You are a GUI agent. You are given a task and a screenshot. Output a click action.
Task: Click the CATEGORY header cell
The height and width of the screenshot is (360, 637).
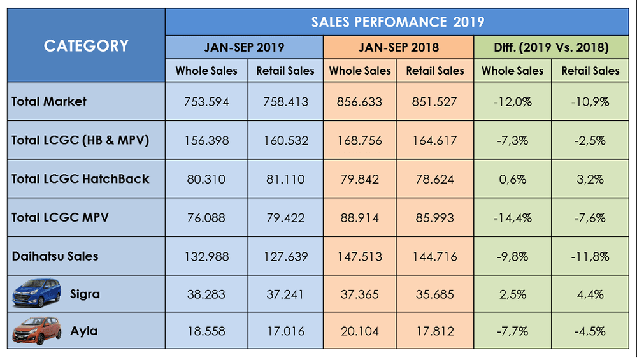point(86,46)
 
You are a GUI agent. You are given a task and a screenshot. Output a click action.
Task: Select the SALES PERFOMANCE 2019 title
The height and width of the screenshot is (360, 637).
point(397,22)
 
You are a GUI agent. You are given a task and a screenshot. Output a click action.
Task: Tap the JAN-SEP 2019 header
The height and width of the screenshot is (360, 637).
point(244,47)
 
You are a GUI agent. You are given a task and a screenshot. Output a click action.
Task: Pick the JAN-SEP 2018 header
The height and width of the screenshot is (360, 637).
point(398,47)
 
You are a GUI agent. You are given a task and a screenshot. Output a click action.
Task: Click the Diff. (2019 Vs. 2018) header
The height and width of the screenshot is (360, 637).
point(552,47)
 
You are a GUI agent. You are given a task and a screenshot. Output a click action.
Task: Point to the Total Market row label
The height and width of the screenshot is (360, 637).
point(49,101)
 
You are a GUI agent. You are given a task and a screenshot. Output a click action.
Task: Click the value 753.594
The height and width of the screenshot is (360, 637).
point(206,101)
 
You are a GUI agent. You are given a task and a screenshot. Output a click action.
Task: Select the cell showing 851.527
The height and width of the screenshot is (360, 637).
point(436,101)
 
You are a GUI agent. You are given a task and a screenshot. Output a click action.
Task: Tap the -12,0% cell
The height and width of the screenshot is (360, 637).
point(513,101)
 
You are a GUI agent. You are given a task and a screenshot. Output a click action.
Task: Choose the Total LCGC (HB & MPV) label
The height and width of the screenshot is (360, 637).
point(80,140)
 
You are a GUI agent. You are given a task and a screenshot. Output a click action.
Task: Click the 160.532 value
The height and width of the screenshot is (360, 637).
point(285,140)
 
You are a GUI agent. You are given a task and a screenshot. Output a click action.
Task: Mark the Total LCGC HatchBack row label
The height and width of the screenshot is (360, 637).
point(80,178)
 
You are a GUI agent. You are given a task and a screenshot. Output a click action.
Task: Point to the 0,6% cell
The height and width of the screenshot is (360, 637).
point(513,179)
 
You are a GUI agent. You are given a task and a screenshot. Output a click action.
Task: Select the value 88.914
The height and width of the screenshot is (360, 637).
point(359,218)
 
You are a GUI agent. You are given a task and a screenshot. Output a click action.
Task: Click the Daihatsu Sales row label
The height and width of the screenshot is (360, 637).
point(55,256)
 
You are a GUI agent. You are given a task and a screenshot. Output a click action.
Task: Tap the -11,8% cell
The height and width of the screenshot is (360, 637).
point(590,257)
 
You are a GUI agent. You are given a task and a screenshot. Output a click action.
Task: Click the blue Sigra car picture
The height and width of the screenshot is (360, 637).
point(37,294)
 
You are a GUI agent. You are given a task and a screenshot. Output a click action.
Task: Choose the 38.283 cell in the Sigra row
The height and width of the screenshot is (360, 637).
point(206,295)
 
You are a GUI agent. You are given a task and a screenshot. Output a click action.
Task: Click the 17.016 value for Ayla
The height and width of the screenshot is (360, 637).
point(285,331)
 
